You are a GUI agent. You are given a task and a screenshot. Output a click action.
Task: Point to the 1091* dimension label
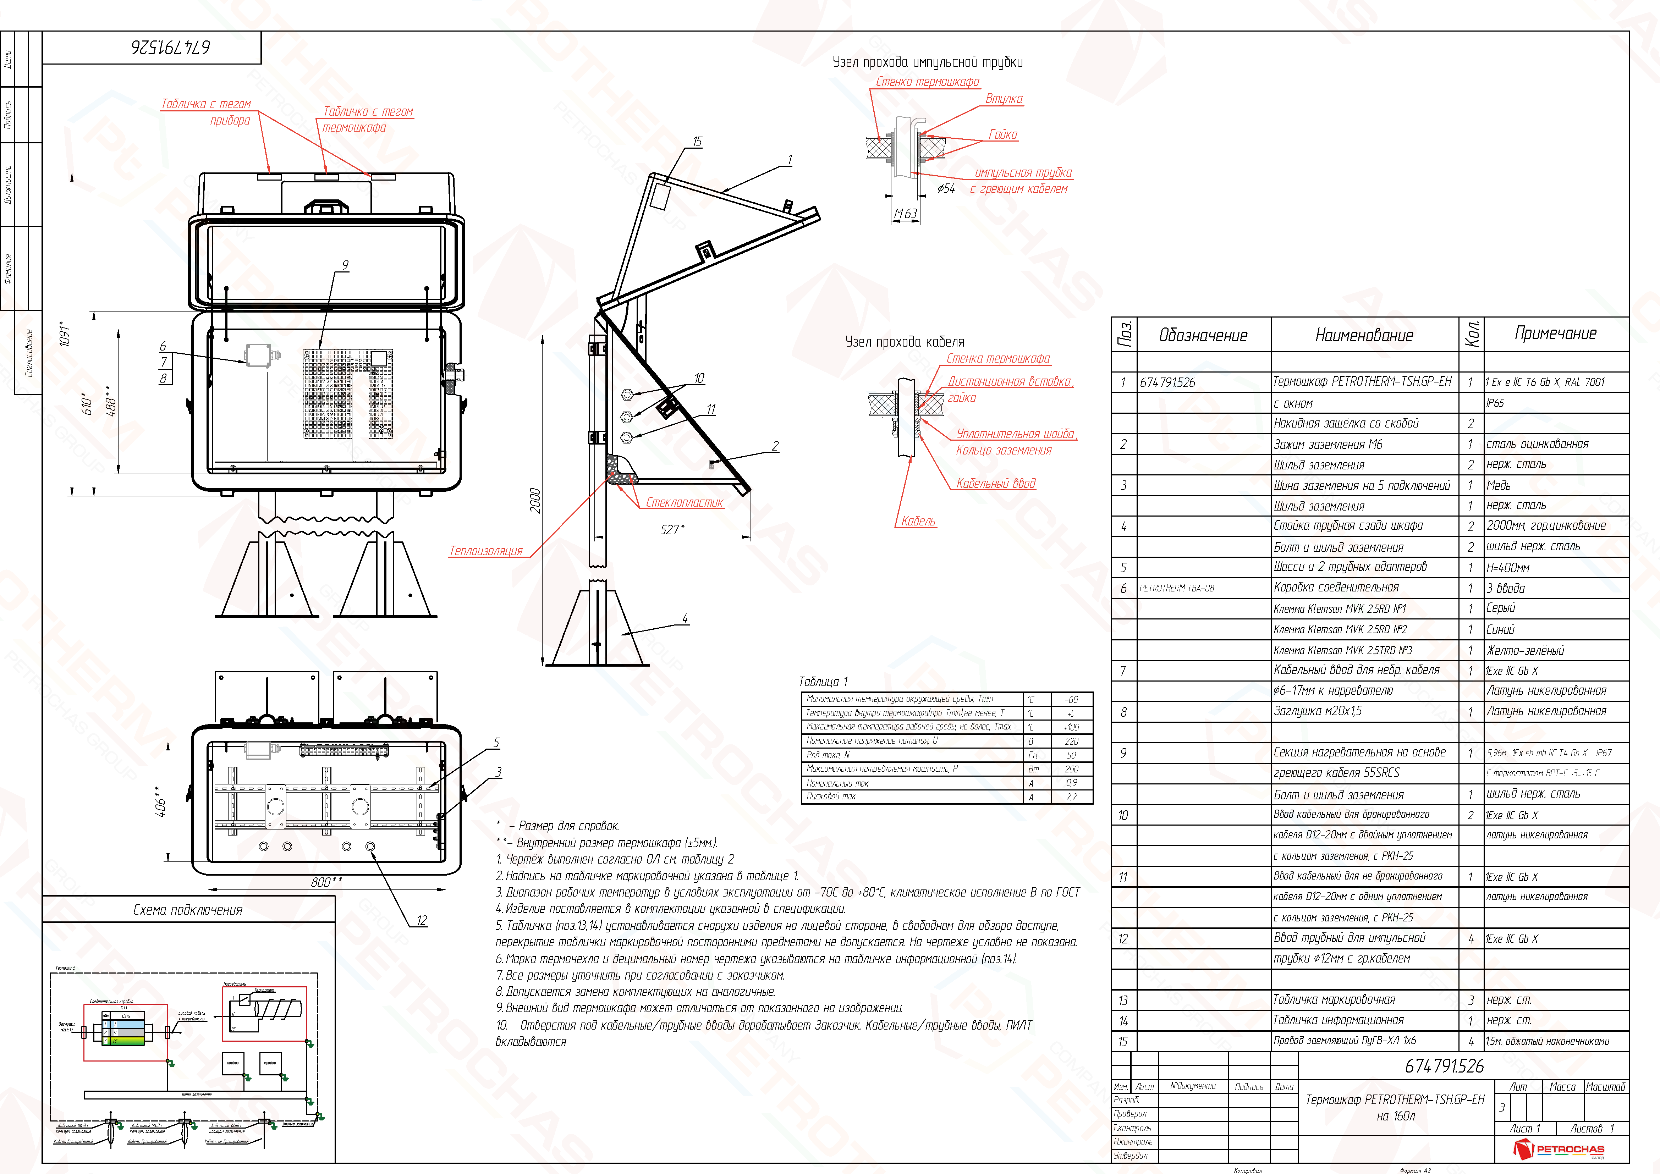pyautogui.click(x=65, y=334)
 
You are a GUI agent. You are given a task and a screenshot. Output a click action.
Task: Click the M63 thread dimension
pyautogui.click(x=905, y=214)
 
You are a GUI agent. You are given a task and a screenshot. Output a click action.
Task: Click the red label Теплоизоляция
pyautogui.click(x=486, y=551)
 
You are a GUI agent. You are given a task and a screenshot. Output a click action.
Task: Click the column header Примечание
pyautogui.click(x=1555, y=334)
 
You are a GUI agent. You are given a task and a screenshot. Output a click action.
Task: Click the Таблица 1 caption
pyautogui.click(x=823, y=682)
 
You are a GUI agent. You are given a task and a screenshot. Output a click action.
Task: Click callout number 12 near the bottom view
pyautogui.click(x=422, y=920)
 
